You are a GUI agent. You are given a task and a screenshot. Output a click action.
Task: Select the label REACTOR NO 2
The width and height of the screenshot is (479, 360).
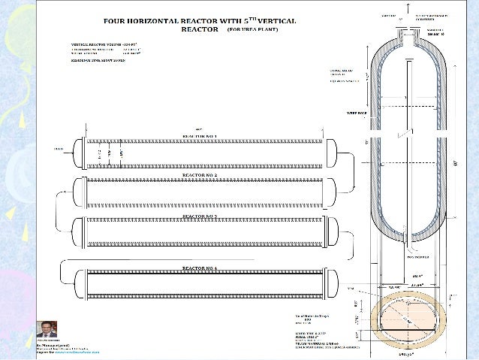click(x=200, y=174)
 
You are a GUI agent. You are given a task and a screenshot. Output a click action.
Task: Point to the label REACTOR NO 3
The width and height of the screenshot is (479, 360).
click(x=200, y=215)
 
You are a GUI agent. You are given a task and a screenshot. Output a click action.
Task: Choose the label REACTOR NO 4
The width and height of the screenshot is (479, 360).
click(x=200, y=268)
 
